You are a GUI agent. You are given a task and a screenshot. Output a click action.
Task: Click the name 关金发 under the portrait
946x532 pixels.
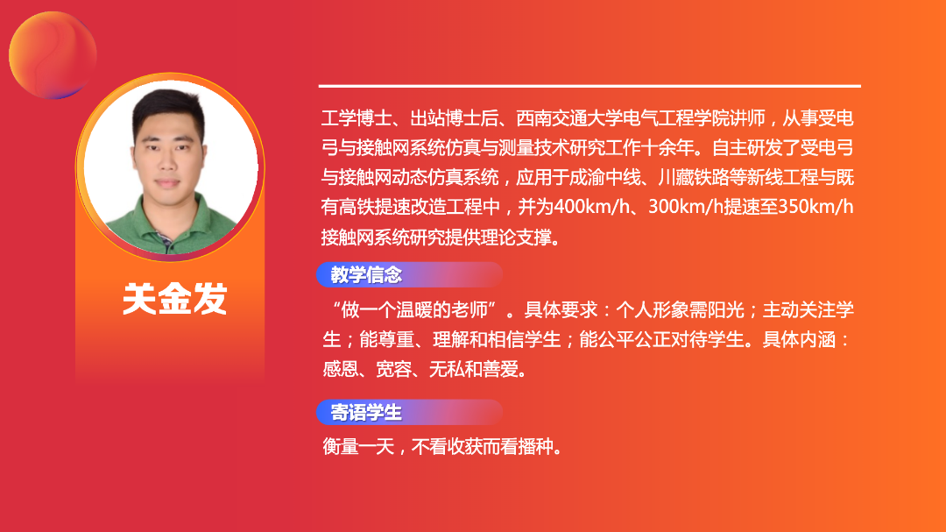coord(174,298)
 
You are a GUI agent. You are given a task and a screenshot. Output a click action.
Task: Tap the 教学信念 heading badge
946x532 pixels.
coord(409,274)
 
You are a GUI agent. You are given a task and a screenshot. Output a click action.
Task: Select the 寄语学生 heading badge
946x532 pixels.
coord(409,413)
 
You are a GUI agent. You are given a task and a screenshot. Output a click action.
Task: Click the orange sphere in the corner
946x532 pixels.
coord(53,55)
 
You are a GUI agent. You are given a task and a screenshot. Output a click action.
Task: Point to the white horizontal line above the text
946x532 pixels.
coord(589,87)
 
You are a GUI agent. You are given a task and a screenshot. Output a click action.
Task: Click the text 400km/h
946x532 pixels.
coord(591,207)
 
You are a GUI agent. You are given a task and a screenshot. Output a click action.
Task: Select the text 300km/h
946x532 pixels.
coord(685,207)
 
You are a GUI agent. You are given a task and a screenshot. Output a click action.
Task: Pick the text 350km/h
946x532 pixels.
coord(815,207)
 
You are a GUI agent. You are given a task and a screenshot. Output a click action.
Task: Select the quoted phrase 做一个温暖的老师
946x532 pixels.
coord(413,310)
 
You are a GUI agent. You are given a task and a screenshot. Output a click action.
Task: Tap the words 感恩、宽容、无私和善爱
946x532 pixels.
coord(420,369)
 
